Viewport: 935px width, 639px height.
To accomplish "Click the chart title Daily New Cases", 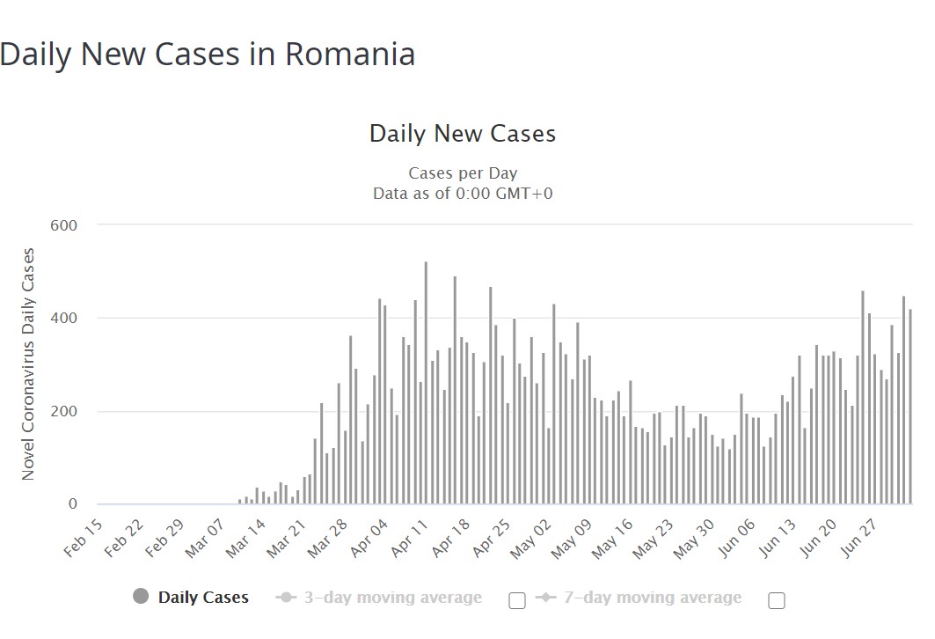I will (462, 134).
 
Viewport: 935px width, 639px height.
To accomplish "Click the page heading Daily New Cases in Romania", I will (208, 55).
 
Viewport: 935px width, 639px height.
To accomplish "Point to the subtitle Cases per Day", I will (463, 173).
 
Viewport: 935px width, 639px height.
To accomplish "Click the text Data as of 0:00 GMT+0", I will (463, 194).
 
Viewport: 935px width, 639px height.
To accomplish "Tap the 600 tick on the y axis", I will (63, 225).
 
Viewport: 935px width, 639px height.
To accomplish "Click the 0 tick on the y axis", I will (73, 504).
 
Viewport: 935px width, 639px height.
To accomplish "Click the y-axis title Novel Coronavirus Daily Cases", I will (28, 364).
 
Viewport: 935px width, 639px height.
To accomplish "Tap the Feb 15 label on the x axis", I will (84, 537).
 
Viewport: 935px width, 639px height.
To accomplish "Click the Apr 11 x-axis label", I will (409, 537).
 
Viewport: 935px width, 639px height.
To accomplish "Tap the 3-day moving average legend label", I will (392, 598).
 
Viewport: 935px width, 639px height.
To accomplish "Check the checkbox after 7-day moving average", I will (776, 600).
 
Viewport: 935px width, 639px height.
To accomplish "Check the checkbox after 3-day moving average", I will (517, 600).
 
